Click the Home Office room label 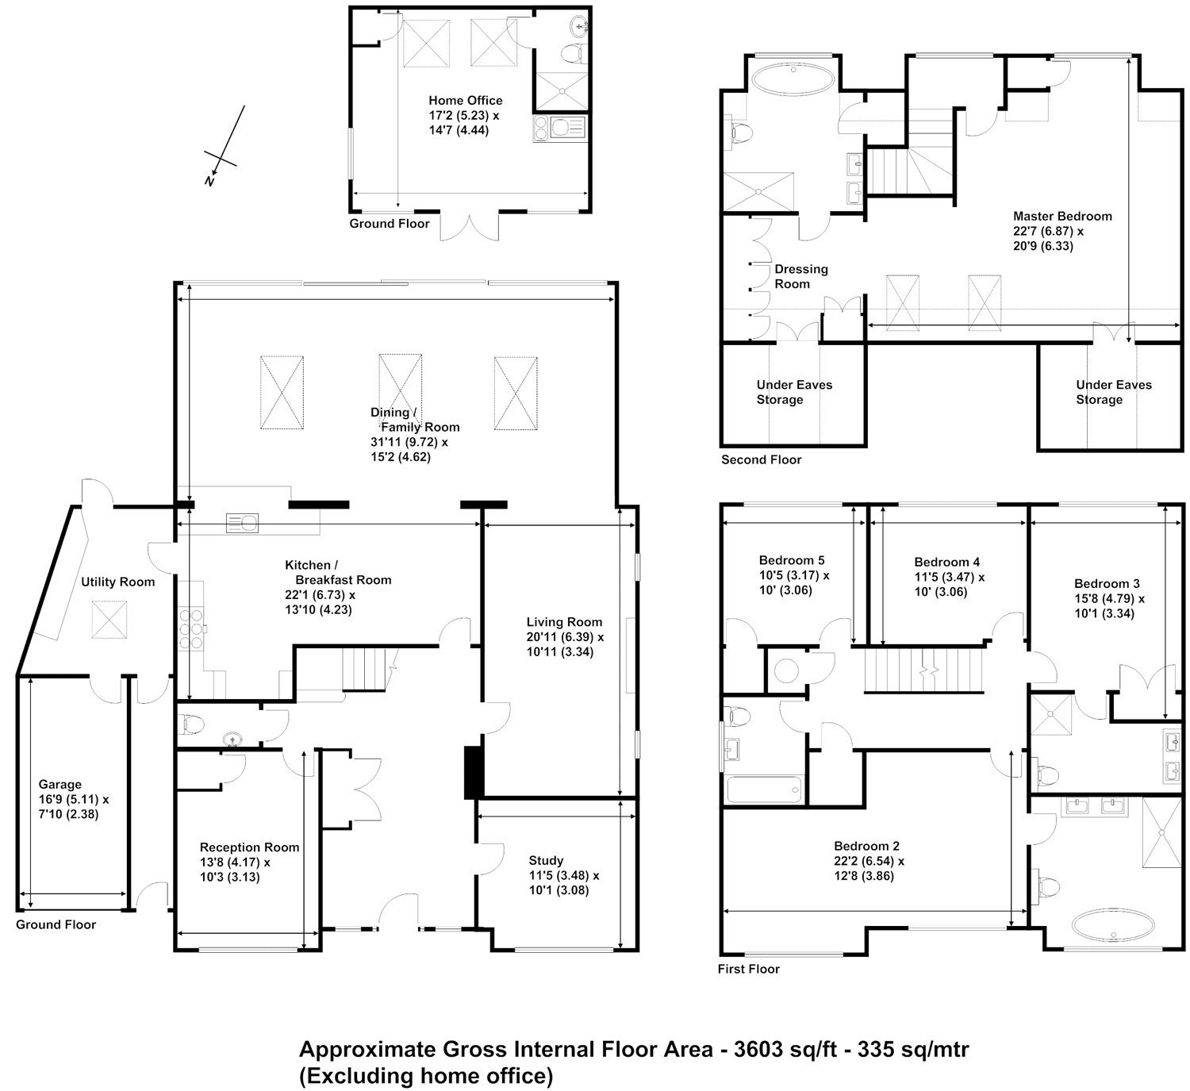point(465,101)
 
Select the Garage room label point(60,785)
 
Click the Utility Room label point(117,582)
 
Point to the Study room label point(546,860)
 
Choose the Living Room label point(564,622)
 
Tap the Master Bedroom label point(1062,216)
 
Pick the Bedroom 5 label point(792,560)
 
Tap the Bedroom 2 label point(866,846)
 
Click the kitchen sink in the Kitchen point(243,522)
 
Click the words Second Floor point(761,459)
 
